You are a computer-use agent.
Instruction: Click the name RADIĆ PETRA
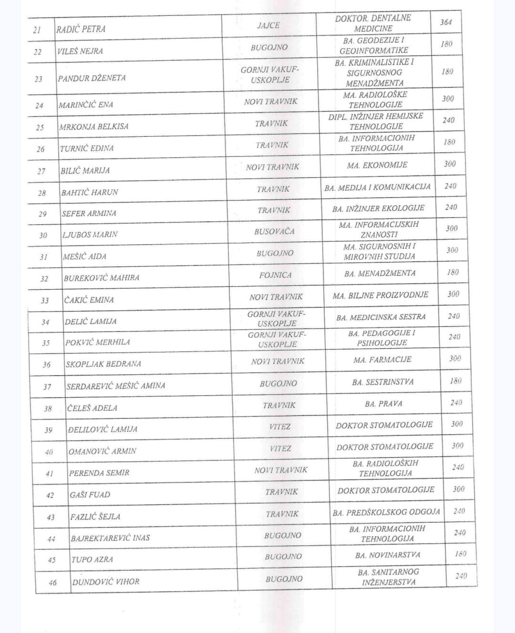click(x=81, y=29)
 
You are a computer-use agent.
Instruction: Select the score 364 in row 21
click(x=446, y=22)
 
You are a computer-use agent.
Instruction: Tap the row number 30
click(x=43, y=235)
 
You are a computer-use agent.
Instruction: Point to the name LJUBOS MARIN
click(x=90, y=234)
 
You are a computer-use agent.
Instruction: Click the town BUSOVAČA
click(x=274, y=231)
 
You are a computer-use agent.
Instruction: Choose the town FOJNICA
click(x=275, y=275)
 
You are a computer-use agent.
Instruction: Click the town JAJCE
click(x=268, y=25)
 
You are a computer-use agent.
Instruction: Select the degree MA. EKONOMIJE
click(x=377, y=165)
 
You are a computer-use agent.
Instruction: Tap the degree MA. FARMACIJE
click(x=382, y=360)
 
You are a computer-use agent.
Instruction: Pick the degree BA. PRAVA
click(x=383, y=404)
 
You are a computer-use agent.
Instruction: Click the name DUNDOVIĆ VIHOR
click(x=105, y=582)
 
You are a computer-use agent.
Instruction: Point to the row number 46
click(x=52, y=582)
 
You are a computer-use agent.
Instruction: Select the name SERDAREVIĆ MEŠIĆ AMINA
click(x=115, y=386)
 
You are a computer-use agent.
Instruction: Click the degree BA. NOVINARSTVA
click(x=387, y=555)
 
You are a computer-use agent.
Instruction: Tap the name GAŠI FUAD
click(x=90, y=495)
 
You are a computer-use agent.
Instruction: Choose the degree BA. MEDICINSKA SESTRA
click(x=381, y=317)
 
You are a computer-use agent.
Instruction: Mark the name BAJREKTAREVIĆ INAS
click(x=110, y=538)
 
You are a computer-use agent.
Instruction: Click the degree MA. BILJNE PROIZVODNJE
click(x=380, y=295)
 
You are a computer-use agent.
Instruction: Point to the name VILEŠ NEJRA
click(x=80, y=51)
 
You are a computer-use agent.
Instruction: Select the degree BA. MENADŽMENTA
click(x=380, y=273)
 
